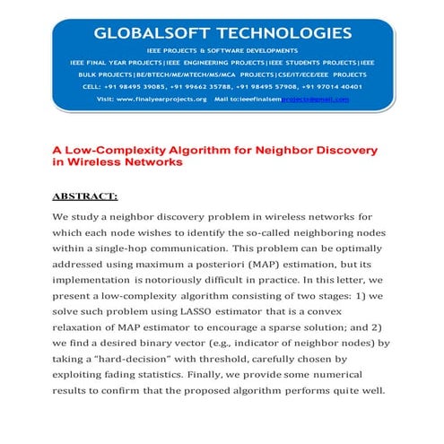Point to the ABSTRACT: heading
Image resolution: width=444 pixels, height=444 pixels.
pyautogui.click(x=85, y=195)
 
